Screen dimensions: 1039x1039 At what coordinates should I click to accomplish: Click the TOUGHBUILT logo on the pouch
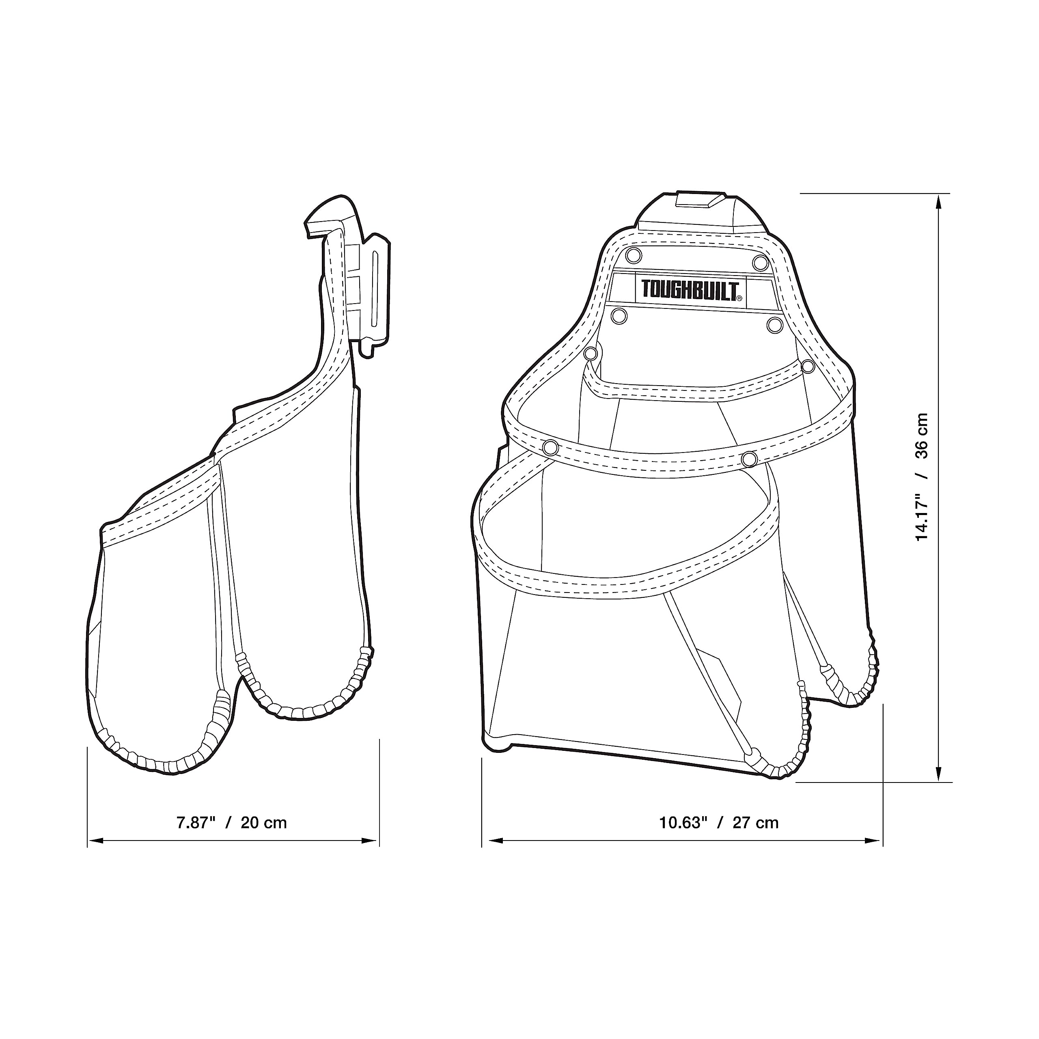click(x=692, y=290)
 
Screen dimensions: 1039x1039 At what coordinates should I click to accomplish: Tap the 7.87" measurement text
click(x=196, y=823)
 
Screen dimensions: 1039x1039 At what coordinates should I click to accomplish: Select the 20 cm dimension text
click(x=263, y=823)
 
